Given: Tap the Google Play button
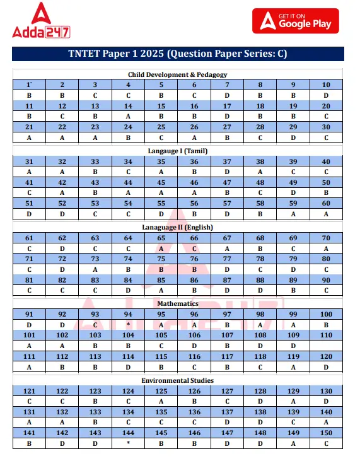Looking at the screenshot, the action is click(295, 21).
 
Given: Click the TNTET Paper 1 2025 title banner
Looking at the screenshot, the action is click(178, 54).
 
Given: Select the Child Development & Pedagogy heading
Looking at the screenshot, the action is click(178, 74).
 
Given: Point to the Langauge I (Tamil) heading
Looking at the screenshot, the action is click(178, 151).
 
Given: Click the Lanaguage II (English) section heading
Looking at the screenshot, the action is click(178, 227).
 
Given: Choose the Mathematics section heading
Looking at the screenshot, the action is click(178, 303).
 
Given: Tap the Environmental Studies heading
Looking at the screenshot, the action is click(178, 380).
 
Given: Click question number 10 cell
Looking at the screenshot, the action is click(326, 85).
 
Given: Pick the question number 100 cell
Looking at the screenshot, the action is click(326, 313).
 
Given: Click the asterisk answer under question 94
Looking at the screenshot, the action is click(128, 324).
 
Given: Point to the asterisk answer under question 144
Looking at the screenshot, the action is click(128, 443).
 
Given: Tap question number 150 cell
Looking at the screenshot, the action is click(326, 433).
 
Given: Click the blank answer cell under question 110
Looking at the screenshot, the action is click(326, 346).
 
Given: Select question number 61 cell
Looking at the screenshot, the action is click(29, 238).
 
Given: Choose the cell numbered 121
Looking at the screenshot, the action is click(29, 391).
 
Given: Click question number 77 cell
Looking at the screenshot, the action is click(227, 259).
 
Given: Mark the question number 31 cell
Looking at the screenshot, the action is click(29, 161).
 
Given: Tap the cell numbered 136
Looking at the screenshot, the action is click(194, 412).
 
